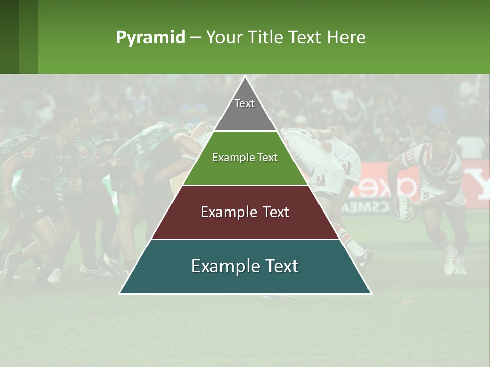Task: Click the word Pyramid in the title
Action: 150,38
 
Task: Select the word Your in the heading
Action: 225,38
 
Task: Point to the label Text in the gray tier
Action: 244,103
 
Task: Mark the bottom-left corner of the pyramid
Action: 119,294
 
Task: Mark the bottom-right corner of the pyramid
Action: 371,294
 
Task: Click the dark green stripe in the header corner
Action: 9,37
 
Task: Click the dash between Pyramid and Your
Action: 195,38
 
